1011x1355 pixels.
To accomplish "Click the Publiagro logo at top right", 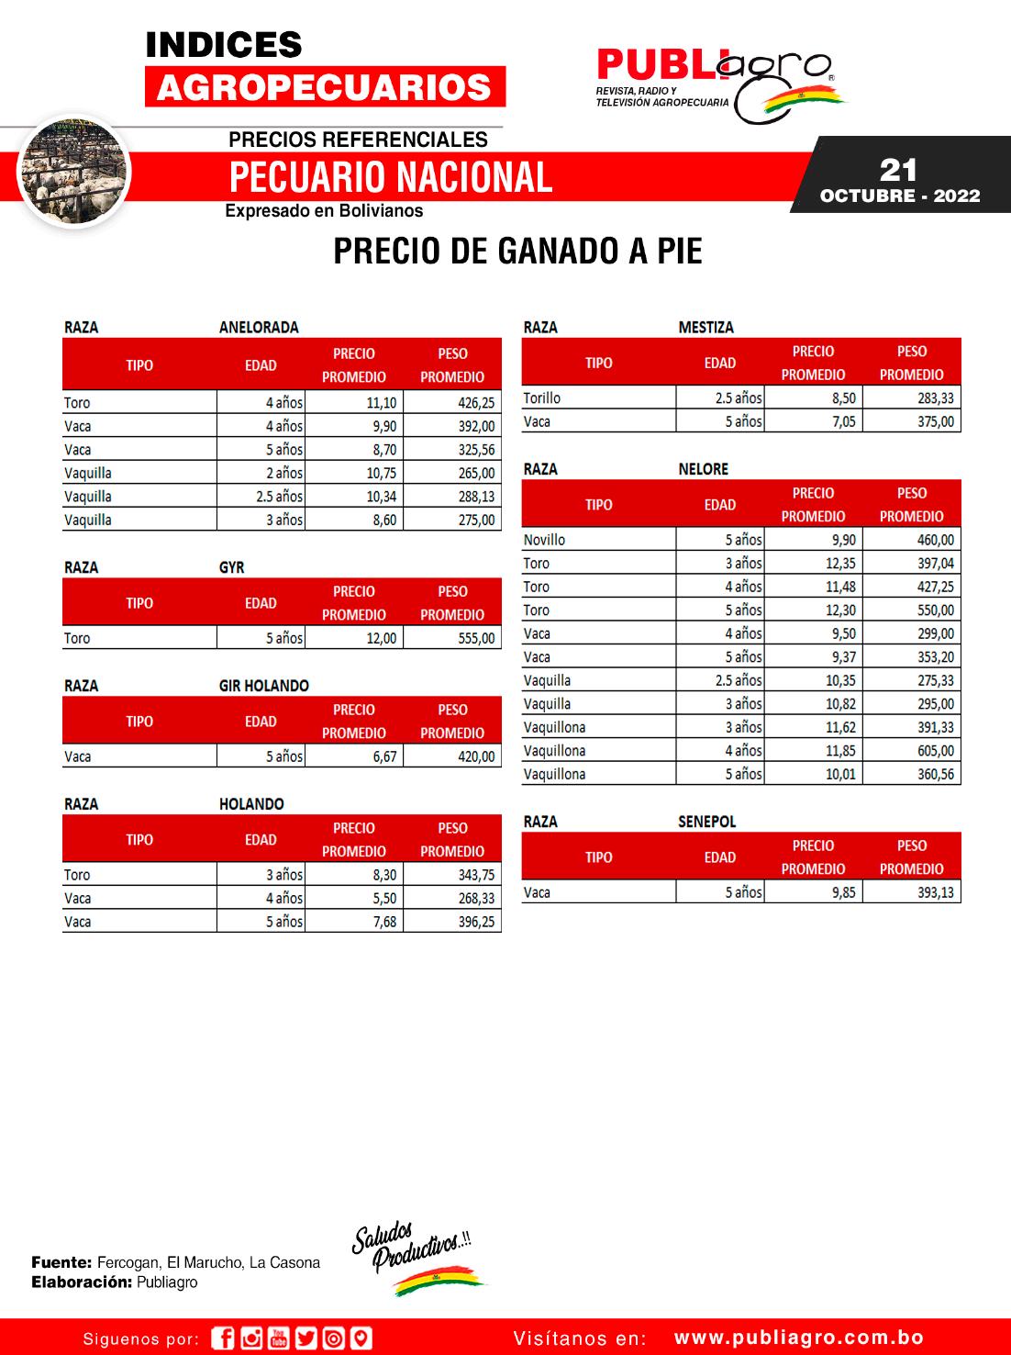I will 719,83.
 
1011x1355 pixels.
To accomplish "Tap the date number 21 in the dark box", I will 898,170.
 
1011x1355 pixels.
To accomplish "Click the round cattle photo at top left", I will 74,172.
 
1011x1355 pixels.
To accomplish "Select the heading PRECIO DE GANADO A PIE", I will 517,252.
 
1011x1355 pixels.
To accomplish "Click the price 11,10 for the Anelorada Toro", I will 381,403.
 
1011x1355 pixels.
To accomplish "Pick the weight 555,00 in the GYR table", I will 476,639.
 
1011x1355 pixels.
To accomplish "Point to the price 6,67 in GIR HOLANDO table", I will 384,757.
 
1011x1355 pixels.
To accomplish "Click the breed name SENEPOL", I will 706,822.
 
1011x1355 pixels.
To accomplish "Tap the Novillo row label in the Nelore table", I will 544,541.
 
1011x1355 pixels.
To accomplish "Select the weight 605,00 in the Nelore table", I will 935,751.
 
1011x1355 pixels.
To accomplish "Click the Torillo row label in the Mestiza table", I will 541,398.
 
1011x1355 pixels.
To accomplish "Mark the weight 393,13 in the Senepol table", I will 935,892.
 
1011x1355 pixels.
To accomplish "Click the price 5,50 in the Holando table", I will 384,899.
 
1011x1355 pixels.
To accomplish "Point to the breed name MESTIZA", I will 705,328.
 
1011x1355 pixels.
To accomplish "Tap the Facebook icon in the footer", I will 223,1338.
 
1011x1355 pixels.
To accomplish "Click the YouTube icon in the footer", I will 279,1338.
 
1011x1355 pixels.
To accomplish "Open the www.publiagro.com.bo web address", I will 798,1338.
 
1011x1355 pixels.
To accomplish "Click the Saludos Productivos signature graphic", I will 418,1261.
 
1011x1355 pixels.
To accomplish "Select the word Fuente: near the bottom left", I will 61,1263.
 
